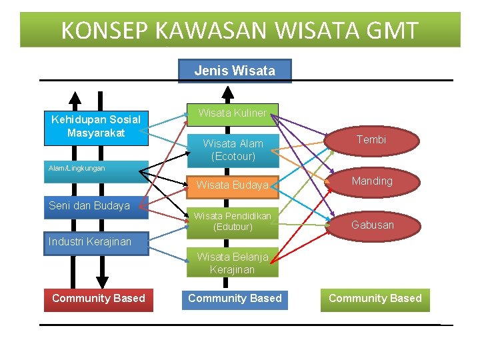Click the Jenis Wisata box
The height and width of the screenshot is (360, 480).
235,71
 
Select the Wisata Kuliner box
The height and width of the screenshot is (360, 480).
232,113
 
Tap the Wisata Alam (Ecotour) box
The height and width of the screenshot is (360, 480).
233,150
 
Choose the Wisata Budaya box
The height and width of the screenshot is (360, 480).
233,185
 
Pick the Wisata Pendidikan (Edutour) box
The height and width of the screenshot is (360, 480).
233,221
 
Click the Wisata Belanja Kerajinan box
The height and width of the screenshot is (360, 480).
233,263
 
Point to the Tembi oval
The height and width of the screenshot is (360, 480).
371,139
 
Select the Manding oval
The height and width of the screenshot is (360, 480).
372,181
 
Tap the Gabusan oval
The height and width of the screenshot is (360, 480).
372,225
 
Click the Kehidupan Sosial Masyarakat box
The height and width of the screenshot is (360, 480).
96,126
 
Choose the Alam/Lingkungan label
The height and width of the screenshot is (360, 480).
77,169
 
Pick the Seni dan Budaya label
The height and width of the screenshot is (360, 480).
89,206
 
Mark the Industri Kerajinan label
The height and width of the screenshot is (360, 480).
90,241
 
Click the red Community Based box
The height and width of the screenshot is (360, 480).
99,298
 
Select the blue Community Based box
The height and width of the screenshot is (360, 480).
235,298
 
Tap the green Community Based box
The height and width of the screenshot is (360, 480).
375,298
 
